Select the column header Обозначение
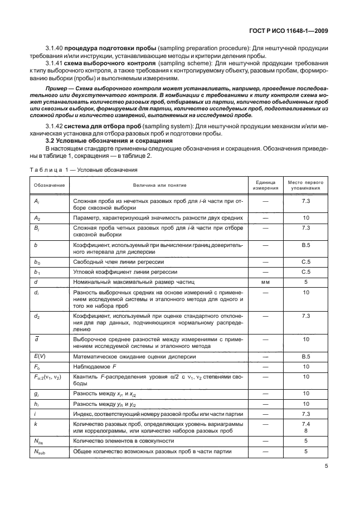click(49, 185)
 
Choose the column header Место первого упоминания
click(305, 185)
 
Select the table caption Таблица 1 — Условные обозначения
click(84, 169)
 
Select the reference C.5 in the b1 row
click(305, 272)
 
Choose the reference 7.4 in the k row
click(305, 423)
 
